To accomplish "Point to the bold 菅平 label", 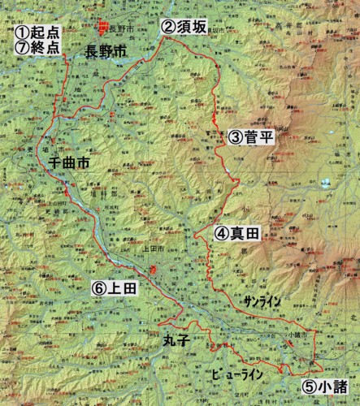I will click(259, 137).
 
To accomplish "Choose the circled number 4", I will click(222, 234).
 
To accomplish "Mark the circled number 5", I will click(310, 386).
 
